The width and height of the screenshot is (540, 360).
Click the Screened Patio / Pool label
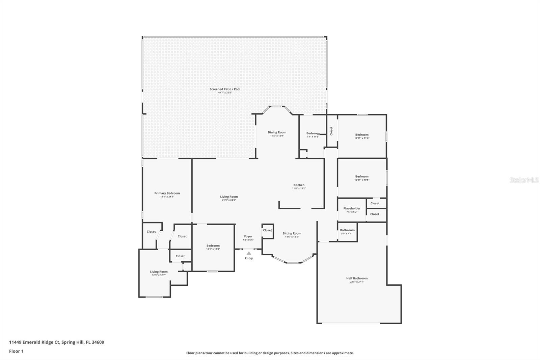[225, 89]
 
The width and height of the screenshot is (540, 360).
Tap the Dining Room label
[277, 133]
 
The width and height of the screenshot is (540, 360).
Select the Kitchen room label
[299, 185]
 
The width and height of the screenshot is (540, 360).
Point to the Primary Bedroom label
[167, 194]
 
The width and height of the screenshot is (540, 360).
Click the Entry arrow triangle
[249, 253]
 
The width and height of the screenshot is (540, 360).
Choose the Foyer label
[248, 237]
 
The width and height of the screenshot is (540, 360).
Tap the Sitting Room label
[292, 234]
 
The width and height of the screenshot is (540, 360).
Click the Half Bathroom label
[357, 279]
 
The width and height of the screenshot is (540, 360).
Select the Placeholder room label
[352, 209]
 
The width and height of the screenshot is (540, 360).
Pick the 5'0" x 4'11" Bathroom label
[347, 230]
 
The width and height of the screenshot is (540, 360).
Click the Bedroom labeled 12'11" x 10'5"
[362, 177]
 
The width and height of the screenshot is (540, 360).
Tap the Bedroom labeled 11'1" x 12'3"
[213, 246]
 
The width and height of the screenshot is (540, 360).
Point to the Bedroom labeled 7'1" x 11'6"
[313, 133]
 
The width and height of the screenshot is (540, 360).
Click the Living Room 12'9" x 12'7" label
[159, 272]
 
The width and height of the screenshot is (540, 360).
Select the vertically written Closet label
[331, 131]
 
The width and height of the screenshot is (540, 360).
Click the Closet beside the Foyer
[267, 230]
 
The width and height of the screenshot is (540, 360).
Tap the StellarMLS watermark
[524, 180]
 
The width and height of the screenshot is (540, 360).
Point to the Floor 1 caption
[16, 351]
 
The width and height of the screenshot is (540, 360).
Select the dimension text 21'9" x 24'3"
[229, 200]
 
